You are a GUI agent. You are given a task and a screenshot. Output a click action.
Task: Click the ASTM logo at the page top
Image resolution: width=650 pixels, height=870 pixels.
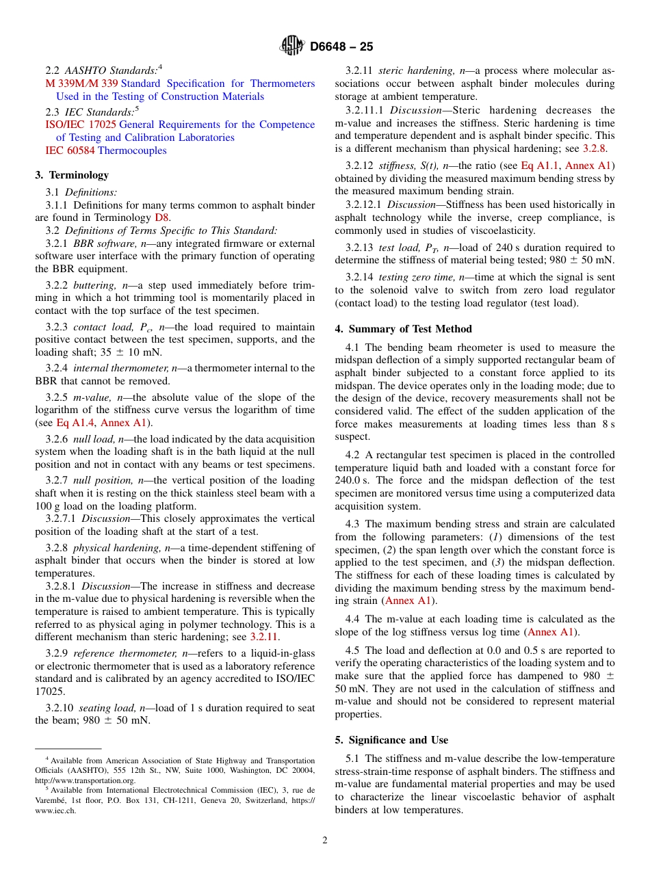pos(292,47)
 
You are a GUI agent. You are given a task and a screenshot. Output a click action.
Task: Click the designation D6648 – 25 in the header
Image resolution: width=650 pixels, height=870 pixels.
pos(341,47)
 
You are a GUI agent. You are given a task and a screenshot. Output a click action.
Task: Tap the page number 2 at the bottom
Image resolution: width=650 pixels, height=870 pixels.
pos(325,841)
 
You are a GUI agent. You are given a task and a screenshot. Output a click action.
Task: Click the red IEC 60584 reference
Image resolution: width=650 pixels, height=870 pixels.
pos(70,150)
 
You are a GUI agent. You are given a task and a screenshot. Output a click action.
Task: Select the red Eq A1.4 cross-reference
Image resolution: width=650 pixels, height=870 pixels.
pos(76,423)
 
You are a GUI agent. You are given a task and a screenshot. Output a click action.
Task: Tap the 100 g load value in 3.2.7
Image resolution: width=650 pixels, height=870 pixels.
pos(57,506)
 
